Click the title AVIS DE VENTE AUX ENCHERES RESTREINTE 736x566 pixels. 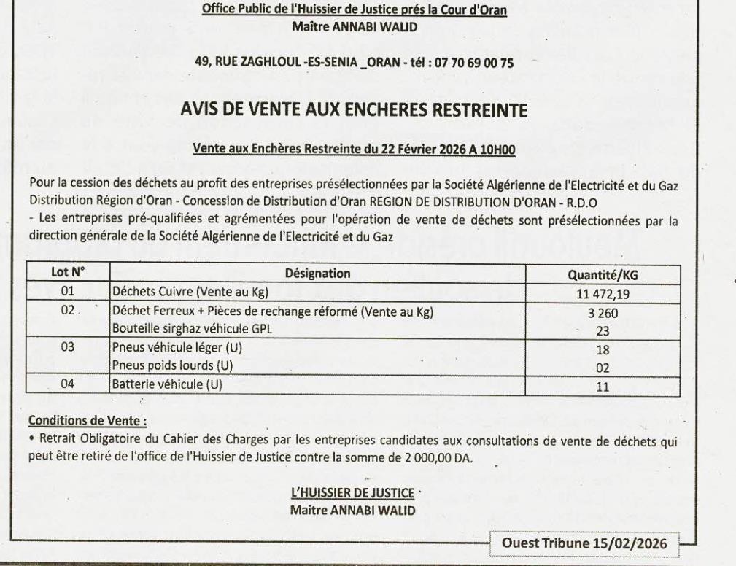point(353,112)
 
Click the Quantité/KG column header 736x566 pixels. point(603,275)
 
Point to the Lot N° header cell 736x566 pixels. point(68,273)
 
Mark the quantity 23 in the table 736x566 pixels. point(603,330)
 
